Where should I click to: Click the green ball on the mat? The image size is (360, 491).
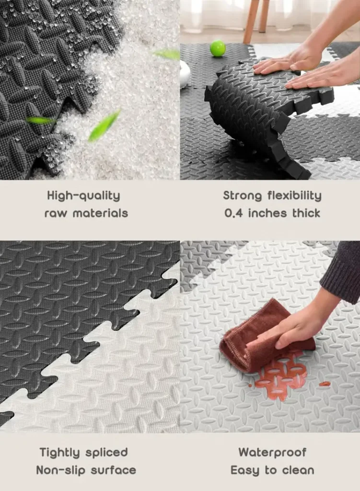218,48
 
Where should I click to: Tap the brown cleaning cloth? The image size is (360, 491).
263,337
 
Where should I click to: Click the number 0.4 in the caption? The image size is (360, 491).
233,213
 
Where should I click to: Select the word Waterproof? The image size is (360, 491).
272,453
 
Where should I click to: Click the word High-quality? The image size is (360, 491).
83,196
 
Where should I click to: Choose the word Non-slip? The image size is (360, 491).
61,470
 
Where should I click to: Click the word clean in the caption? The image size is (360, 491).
298,470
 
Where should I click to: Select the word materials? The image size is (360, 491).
101,213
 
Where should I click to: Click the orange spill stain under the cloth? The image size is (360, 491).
279,376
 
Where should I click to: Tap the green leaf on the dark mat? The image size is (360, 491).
40,120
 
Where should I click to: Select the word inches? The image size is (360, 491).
267,213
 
